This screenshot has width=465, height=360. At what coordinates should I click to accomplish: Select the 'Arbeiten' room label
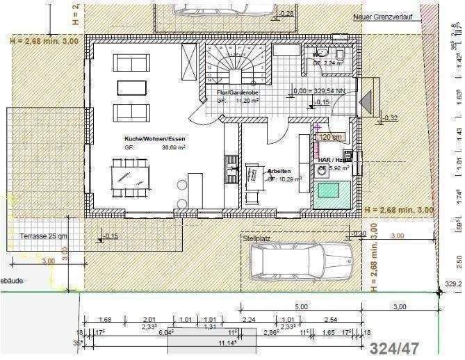[x=279, y=170]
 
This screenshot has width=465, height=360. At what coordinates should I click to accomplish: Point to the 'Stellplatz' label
[x=256, y=238]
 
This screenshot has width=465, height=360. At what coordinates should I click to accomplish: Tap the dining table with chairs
[x=130, y=174]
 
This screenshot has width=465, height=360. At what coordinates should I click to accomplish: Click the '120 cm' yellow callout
[x=332, y=138]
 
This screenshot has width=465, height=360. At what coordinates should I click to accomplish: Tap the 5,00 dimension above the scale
[x=301, y=306]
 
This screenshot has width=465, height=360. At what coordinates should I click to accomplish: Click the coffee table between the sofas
[x=132, y=87]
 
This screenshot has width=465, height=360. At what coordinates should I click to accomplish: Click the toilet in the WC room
[x=338, y=54]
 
